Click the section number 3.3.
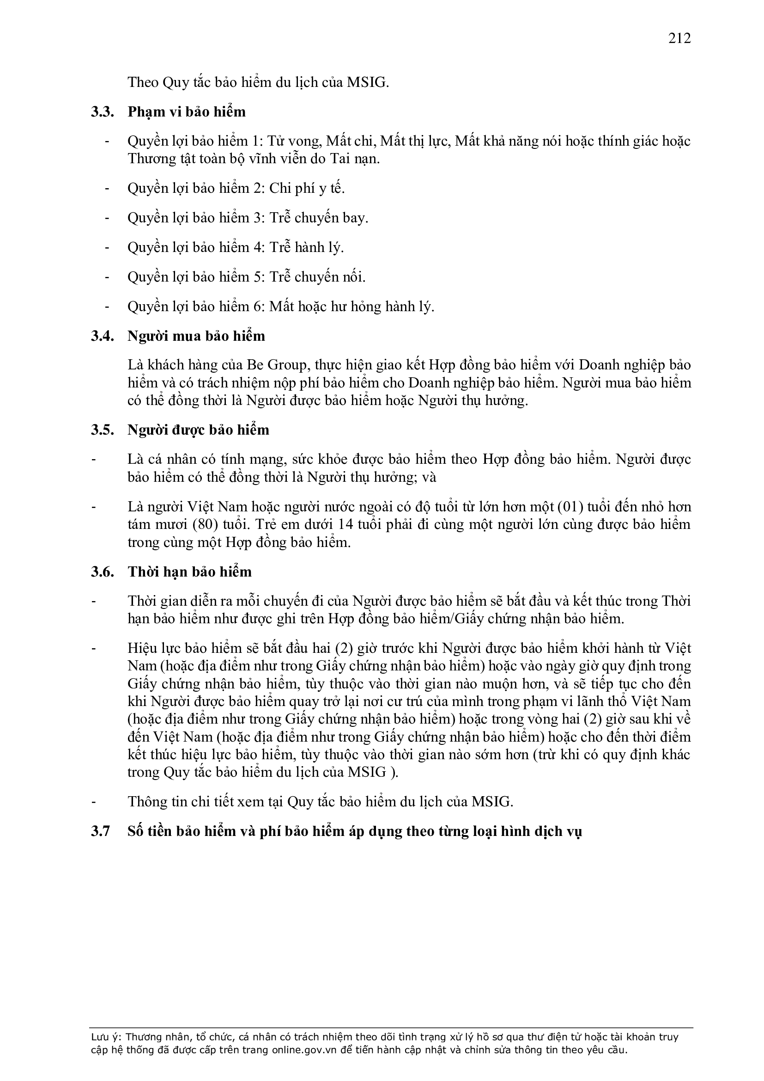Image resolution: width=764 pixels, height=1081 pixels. pos(103,112)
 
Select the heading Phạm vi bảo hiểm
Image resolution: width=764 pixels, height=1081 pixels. pos(186,112)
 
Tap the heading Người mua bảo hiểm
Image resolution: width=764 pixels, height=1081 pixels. pos(196,336)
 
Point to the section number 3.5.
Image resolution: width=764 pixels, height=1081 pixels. pos(103,430)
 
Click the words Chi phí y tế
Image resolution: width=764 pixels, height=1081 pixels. pos(307,188)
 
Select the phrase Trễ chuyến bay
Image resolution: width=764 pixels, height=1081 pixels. pos(319,218)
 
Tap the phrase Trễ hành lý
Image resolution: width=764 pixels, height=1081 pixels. pos(306,247)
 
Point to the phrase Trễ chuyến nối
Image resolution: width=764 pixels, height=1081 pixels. pos(317,277)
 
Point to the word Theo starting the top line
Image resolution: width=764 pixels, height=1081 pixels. pos(143,83)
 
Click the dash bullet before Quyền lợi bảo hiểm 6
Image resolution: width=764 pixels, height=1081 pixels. pos(107,307)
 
